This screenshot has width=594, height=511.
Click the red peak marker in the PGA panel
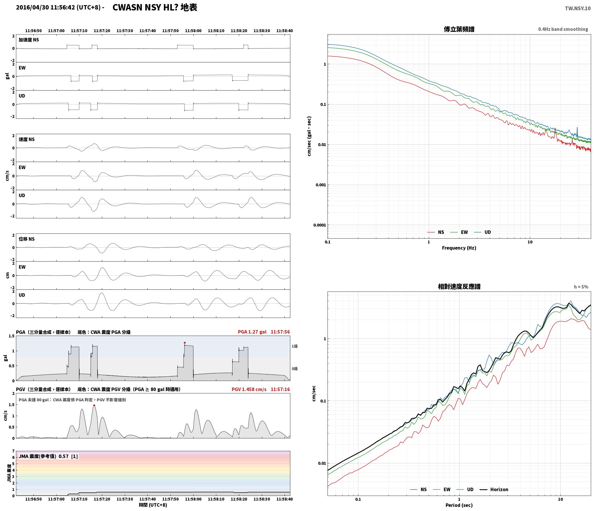point(185,343)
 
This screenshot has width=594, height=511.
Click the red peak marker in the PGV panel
point(94,406)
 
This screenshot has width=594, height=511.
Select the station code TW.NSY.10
point(577,8)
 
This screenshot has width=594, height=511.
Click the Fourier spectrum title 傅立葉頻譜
point(459,29)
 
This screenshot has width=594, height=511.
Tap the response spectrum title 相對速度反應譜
point(459,287)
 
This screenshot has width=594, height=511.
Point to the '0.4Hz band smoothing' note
point(563,29)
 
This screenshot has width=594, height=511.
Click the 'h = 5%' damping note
point(581,287)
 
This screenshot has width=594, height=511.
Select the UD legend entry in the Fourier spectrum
point(482,232)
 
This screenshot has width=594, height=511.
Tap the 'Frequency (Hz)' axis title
point(459,248)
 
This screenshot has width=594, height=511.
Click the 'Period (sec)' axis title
point(459,505)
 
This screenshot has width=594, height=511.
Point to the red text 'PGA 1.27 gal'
point(252,332)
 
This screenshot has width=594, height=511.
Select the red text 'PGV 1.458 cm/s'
point(249,389)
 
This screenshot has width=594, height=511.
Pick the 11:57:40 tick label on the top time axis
point(147,31)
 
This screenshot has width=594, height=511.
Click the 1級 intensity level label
point(295,346)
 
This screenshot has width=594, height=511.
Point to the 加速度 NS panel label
point(29,40)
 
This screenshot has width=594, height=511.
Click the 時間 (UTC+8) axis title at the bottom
point(153,505)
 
